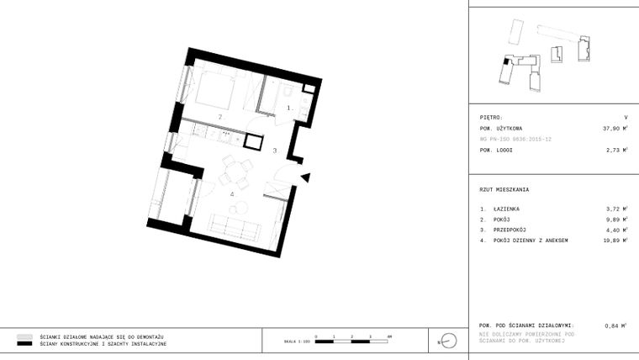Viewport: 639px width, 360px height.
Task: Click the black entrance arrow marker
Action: pos(306,177)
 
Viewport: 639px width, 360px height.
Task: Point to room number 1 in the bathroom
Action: pos(290,108)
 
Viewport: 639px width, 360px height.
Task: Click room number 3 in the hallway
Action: pos(274,150)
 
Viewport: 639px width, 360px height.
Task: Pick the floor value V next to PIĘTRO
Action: pos(626,118)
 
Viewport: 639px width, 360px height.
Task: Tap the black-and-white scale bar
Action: pos(352,341)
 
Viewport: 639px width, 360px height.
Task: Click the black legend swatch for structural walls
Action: pos(24,344)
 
